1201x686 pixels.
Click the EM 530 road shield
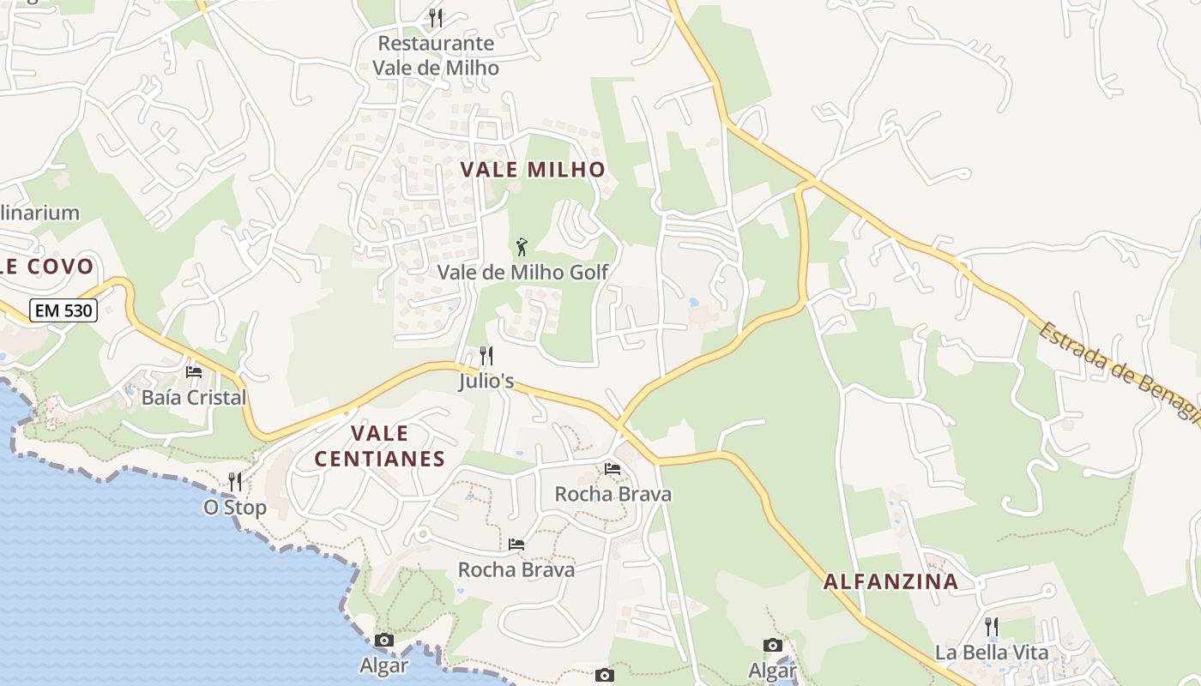point(63,310)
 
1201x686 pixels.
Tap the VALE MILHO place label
point(533,170)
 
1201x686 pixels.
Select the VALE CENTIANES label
point(380,446)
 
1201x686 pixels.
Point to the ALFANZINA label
point(891,582)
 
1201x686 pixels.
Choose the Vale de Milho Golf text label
point(522,273)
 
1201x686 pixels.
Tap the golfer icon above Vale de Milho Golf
point(522,248)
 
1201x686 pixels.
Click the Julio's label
point(486,381)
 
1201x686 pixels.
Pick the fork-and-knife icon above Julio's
point(486,355)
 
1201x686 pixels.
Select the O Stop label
point(235,508)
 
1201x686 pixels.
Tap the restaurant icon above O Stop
point(235,482)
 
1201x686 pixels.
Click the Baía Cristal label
point(194,398)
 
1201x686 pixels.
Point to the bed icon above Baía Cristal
point(194,372)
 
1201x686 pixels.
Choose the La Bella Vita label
point(992,653)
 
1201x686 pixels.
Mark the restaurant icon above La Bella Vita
point(992,627)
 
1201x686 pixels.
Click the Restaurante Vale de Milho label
point(436,55)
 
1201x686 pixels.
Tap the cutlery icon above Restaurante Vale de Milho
point(436,17)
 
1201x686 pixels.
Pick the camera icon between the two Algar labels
point(605,676)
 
